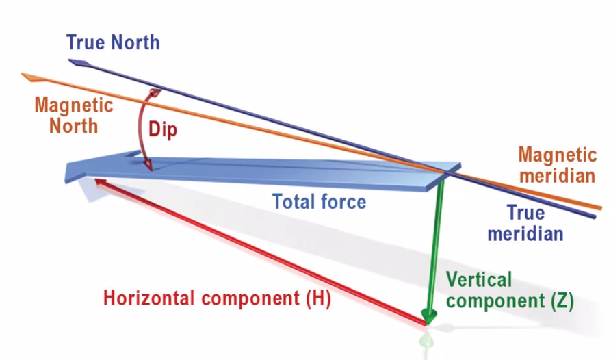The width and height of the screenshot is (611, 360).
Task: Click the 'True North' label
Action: (x=113, y=42)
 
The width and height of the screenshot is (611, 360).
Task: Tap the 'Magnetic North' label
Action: (x=73, y=116)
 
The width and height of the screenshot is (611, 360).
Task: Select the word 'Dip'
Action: (x=163, y=129)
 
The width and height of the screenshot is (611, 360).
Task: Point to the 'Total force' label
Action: (x=319, y=202)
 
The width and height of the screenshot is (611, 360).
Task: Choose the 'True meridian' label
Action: (x=525, y=223)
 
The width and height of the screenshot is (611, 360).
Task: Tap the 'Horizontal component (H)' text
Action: (x=217, y=299)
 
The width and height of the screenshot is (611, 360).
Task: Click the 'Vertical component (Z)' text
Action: (x=509, y=290)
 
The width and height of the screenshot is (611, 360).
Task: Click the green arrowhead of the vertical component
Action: (x=429, y=316)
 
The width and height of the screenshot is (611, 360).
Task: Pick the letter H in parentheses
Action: (x=317, y=299)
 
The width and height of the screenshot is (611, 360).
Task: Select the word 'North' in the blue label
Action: (x=137, y=42)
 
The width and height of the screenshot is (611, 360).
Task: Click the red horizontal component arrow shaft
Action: (x=260, y=250)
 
